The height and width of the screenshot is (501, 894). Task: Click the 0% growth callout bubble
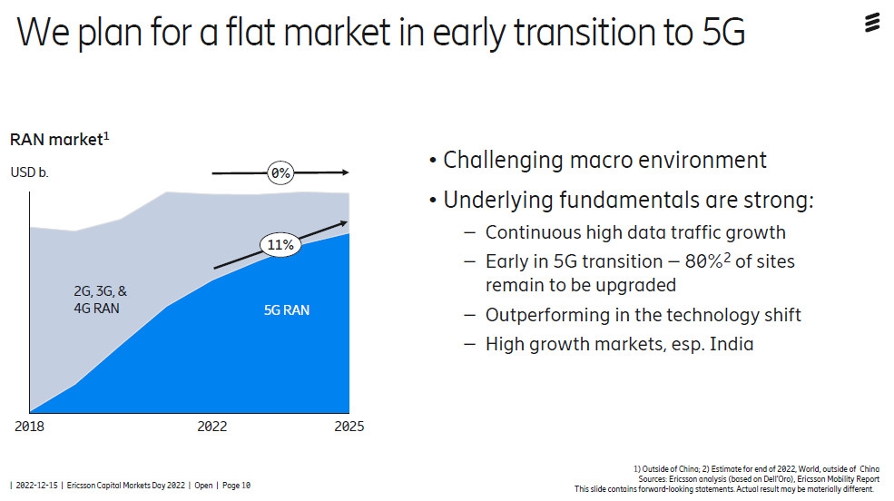pos(280,172)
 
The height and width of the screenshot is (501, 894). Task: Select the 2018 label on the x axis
pos(29,427)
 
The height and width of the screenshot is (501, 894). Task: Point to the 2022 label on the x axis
pos(211,427)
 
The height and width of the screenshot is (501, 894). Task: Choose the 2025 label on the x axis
pos(348,427)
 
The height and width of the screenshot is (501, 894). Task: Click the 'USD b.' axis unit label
pos(29,172)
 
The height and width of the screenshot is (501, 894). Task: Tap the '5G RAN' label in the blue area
pos(286,310)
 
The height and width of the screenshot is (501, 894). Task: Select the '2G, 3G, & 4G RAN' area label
pos(100,300)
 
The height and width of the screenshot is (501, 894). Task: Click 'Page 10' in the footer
pos(234,486)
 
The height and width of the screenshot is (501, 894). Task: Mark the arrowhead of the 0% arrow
pos(345,172)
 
